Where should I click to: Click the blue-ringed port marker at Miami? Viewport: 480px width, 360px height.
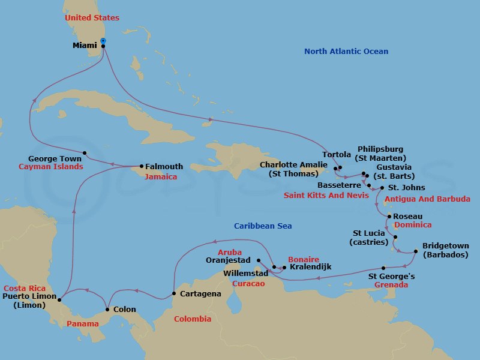(104, 41)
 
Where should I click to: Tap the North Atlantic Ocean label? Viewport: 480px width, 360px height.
(346, 52)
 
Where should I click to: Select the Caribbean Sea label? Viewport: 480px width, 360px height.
(263, 226)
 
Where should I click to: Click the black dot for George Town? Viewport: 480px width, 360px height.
(85, 152)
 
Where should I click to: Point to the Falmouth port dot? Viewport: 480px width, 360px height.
(142, 166)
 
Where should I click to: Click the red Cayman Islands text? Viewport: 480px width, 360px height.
(50, 167)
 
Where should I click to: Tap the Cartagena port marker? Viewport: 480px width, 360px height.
(174, 293)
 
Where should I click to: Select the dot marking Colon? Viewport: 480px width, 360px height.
(107, 310)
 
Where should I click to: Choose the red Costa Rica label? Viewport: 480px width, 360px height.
(23, 288)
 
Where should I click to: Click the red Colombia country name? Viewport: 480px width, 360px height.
(193, 319)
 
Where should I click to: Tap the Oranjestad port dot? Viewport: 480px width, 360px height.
(259, 260)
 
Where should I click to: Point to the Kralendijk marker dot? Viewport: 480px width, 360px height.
(284, 267)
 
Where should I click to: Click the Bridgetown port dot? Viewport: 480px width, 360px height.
(416, 251)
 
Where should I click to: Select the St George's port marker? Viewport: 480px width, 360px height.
(383, 268)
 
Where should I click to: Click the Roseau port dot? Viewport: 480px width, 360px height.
(389, 216)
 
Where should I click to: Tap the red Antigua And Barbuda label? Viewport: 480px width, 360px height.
(427, 199)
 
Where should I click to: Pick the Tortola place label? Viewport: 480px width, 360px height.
(337, 154)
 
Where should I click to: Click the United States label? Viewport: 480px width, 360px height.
(92, 18)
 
